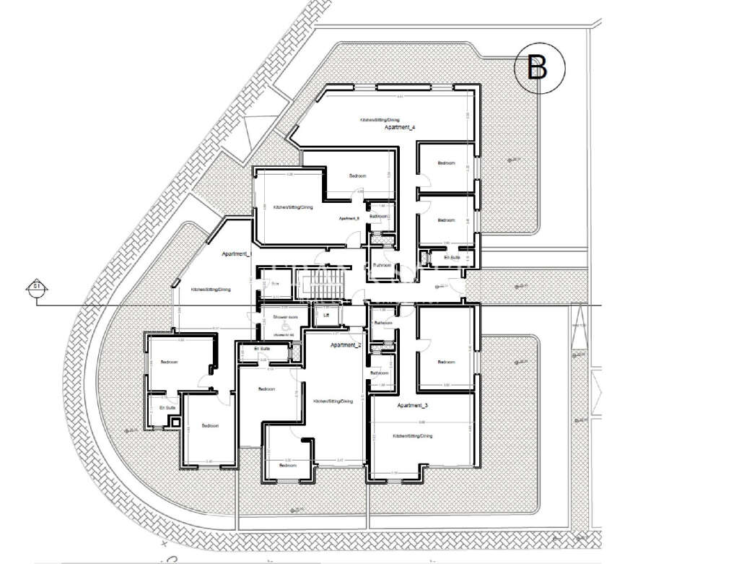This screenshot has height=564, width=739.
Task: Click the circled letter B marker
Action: point(538,68)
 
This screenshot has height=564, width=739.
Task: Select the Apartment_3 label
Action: point(412,406)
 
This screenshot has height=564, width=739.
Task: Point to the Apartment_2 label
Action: point(346,346)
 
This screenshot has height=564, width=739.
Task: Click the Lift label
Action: point(326,316)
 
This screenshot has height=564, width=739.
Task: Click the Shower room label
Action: point(276,317)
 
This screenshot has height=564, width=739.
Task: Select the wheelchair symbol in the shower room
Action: point(285,326)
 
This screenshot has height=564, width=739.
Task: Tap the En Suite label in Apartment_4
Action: point(452,257)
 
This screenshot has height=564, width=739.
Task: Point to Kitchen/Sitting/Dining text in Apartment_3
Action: point(412,436)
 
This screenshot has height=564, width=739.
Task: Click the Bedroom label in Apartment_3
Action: point(446,362)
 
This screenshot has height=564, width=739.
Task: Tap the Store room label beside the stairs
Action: point(275,283)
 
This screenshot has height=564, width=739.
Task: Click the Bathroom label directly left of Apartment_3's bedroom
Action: point(383,323)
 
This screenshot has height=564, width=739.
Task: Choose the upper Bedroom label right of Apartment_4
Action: point(446,163)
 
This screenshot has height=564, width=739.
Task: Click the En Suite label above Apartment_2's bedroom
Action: point(261,349)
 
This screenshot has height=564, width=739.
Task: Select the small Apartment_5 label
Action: point(349,218)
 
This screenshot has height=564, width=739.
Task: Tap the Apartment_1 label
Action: point(237,254)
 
